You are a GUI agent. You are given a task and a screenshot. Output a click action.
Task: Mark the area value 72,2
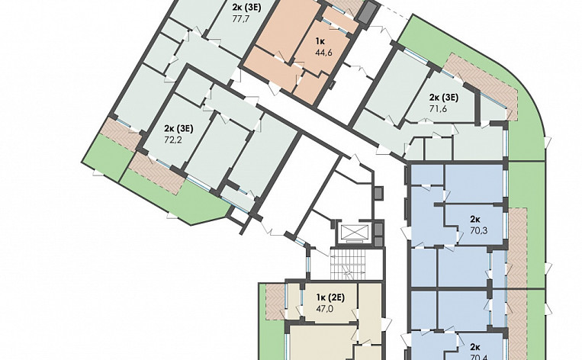pyautogui.click(x=175, y=142)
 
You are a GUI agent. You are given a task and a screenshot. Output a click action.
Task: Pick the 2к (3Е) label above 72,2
pyautogui.click(x=178, y=129)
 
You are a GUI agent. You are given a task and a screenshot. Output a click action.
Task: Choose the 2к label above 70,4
pyautogui.click(x=474, y=346)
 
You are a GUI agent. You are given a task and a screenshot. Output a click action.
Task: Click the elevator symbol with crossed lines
pyautogui.click(x=352, y=233)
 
